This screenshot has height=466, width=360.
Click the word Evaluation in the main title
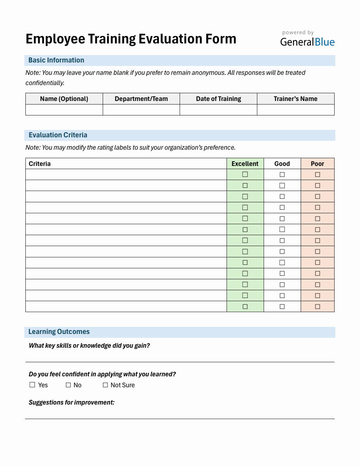169,39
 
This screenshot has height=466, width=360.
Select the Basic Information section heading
56,60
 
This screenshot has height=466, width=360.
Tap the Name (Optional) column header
64,99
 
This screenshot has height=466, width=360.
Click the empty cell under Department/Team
141,110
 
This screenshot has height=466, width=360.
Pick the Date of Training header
218,99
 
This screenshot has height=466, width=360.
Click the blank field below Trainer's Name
295,110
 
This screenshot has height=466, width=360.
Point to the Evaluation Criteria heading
58,135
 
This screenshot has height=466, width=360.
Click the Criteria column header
40,164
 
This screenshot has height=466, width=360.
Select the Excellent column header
245,164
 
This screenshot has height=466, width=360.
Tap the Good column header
282,164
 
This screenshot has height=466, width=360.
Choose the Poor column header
317,164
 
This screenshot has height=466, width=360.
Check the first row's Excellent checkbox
245,174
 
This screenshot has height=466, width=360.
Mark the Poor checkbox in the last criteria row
317,306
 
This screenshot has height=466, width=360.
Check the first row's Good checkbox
282,174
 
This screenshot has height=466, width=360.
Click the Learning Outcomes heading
59,332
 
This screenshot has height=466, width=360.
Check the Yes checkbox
32,385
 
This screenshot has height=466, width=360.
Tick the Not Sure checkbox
105,385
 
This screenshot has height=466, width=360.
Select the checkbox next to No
68,385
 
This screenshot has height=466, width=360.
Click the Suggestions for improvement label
71,402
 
